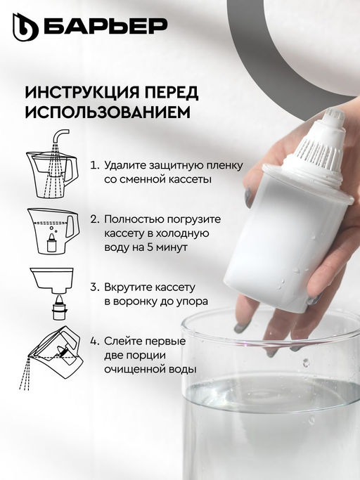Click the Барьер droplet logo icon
pyautogui.click(x=25, y=27)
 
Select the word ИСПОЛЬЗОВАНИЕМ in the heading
pyautogui.click(x=108, y=112)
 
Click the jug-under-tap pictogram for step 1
pyautogui.click(x=52, y=164)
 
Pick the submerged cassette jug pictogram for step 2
pyautogui.click(x=53, y=231)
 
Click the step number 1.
pyautogui.click(x=94, y=166)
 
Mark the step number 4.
pyautogui.click(x=94, y=342)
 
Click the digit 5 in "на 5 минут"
pyautogui.click(x=150, y=247)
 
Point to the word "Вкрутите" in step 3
pyautogui.click(x=128, y=287)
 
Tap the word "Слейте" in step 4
pyautogui.click(x=123, y=341)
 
